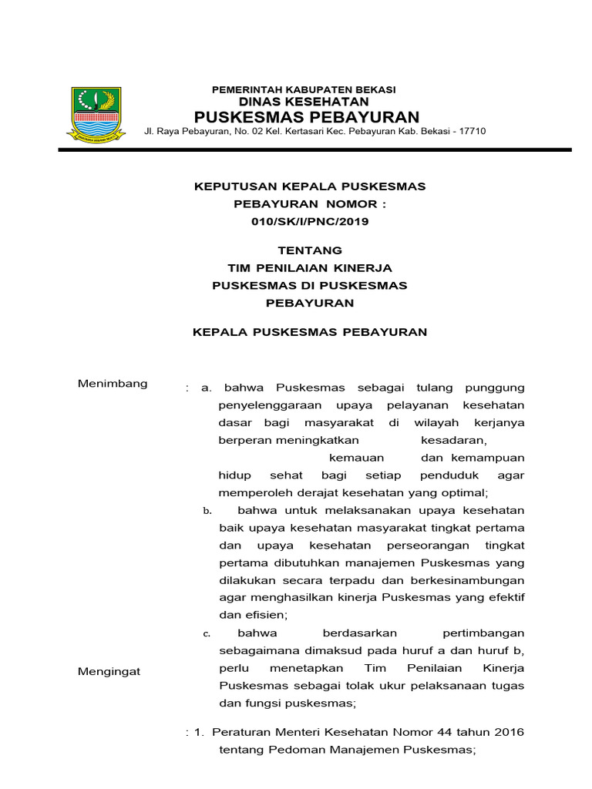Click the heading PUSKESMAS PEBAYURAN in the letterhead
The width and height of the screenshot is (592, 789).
pos(306,117)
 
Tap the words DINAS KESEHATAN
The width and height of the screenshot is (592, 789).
pos(304,102)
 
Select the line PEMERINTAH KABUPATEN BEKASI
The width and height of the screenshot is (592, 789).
pos(304,89)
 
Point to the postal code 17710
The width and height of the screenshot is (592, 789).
pos(472,132)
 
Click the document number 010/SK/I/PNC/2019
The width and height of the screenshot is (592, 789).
pos(310,222)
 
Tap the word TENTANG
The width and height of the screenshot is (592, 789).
pos(309,250)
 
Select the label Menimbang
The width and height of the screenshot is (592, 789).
pos(113,384)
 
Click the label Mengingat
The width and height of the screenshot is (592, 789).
pos(109,671)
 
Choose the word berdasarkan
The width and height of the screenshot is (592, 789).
pos(355,633)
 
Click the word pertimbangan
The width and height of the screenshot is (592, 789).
pos(479,633)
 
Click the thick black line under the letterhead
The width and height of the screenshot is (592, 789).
pos(314,149)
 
